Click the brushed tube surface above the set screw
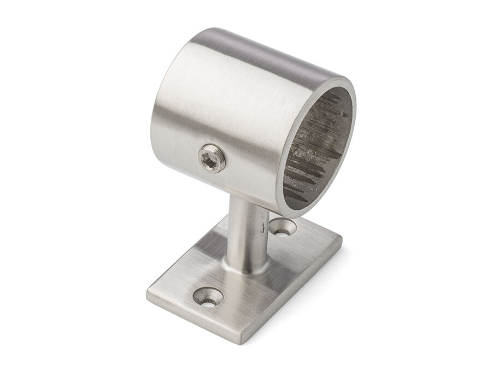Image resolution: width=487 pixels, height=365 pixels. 219,109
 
